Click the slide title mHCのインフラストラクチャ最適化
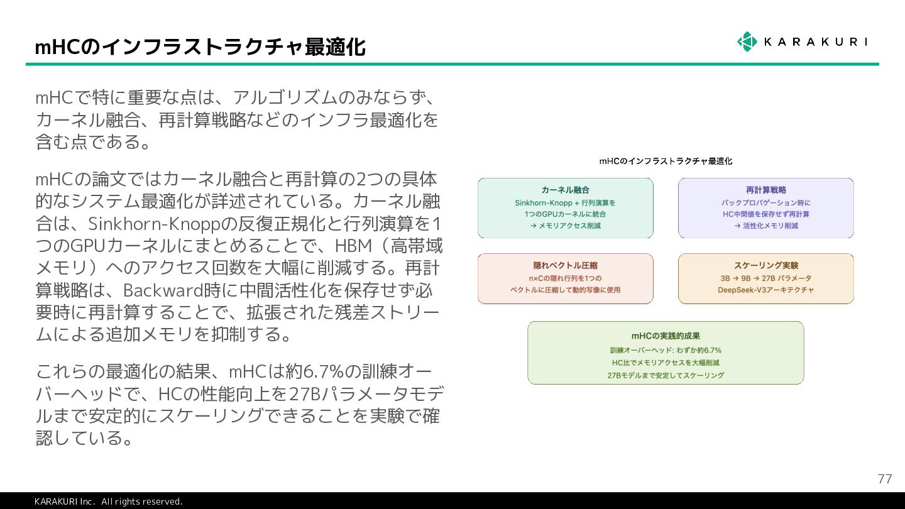[200, 47]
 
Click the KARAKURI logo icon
[747, 41]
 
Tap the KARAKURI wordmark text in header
[815, 42]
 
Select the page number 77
[884, 479]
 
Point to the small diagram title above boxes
[666, 161]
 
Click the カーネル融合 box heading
[565, 190]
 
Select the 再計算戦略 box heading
[765, 190]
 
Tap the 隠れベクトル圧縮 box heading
[565, 265]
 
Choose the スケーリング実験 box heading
[765, 265]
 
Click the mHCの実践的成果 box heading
[666, 336]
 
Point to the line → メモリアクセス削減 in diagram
[565, 226]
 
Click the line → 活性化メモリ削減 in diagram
[765, 226]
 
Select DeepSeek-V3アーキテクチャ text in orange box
[765, 290]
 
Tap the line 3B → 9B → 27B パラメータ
[765, 278]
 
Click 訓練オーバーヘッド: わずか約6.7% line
[666, 350]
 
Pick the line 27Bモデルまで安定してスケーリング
[666, 375]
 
